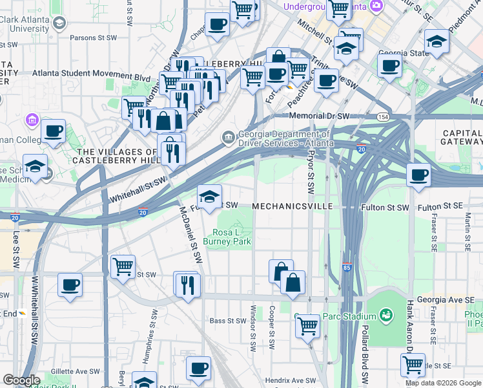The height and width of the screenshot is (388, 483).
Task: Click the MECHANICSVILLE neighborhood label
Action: tap(292, 206)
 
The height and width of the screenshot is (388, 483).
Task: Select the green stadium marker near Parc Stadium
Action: tap(387, 315)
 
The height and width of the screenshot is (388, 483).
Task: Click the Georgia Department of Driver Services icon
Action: tap(229, 137)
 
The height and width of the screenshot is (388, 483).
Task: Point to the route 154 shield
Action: tap(384, 116)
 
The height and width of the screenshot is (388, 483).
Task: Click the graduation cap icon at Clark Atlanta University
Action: tap(59, 24)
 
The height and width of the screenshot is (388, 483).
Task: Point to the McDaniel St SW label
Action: tap(191, 233)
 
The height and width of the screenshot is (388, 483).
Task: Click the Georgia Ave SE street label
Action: tap(446, 299)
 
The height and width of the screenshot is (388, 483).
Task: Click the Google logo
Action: tap(21, 380)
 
